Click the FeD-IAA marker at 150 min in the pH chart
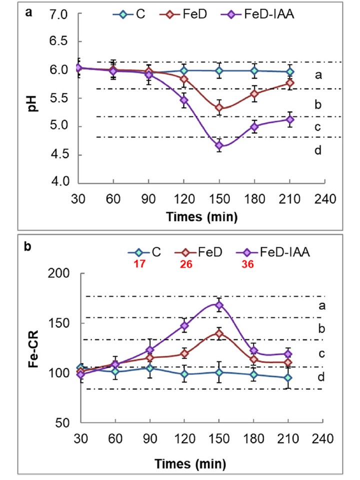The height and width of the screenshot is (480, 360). coord(219,145)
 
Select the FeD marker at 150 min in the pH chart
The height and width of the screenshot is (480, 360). coord(219,108)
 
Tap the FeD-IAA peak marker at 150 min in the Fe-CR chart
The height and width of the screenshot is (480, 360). coord(219,305)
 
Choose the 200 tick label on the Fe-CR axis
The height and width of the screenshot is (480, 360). coord(56,274)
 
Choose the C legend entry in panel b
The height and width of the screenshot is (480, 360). coord(143,252)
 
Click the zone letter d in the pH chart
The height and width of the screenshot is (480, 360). coord(317,150)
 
